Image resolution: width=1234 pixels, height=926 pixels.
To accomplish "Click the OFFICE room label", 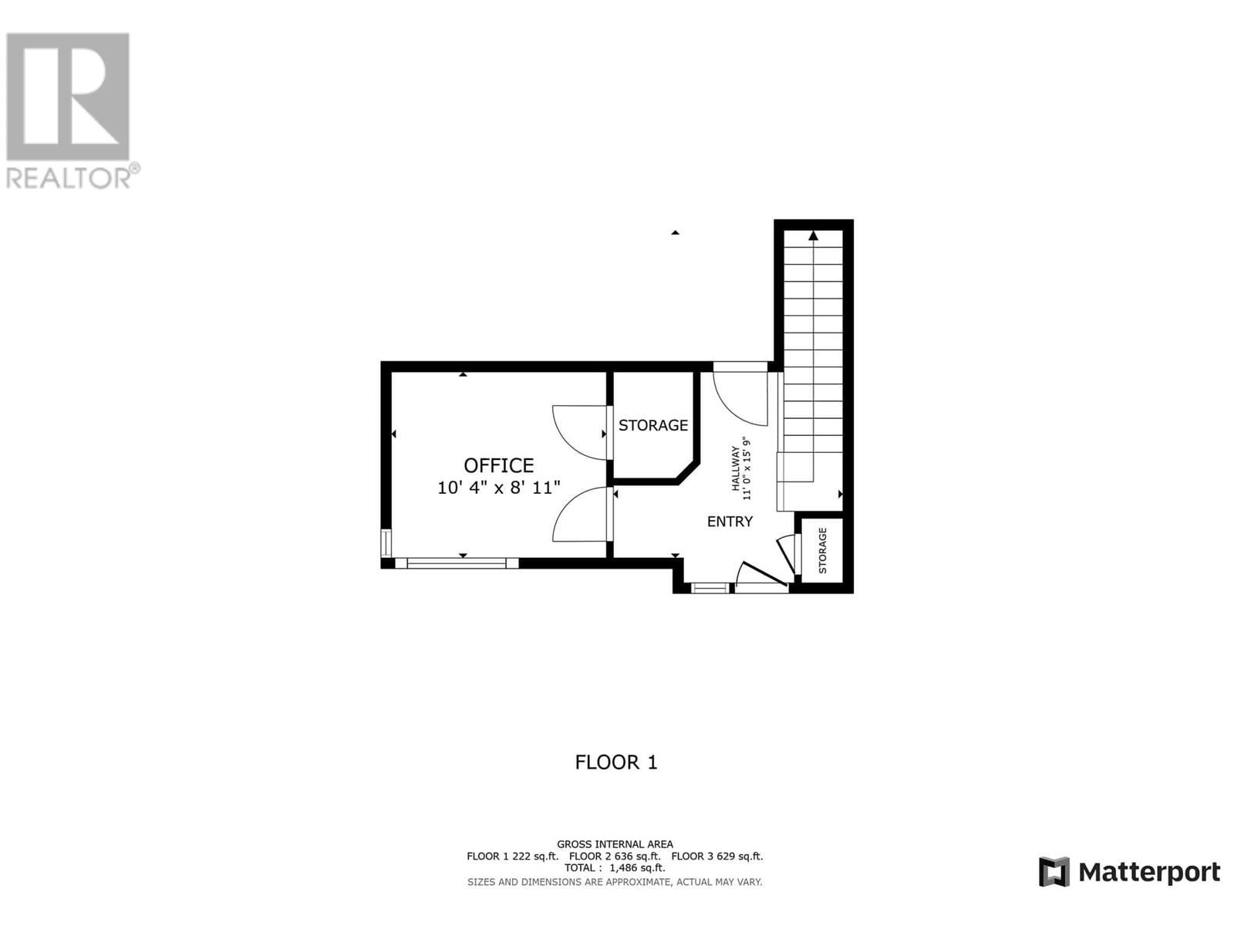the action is pyautogui.click(x=499, y=465).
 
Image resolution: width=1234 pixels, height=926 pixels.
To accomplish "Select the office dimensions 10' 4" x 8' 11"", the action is pyautogui.click(x=499, y=488).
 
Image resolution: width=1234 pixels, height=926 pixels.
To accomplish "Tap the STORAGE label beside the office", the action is pyautogui.click(x=653, y=426).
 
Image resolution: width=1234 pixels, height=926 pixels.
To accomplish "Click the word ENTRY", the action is pyautogui.click(x=730, y=522).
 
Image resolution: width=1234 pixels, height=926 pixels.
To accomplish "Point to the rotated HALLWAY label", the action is pyautogui.click(x=735, y=468).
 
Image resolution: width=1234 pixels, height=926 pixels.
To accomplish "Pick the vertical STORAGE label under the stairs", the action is pyautogui.click(x=822, y=550).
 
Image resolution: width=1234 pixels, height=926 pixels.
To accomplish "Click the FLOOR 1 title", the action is pyautogui.click(x=616, y=762).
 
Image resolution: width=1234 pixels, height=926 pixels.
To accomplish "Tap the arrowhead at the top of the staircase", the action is pyautogui.click(x=813, y=235).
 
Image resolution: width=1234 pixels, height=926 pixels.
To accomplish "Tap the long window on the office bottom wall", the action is pyautogui.click(x=457, y=563).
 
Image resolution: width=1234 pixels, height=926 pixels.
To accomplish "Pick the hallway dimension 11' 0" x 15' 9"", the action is pyautogui.click(x=747, y=468).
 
